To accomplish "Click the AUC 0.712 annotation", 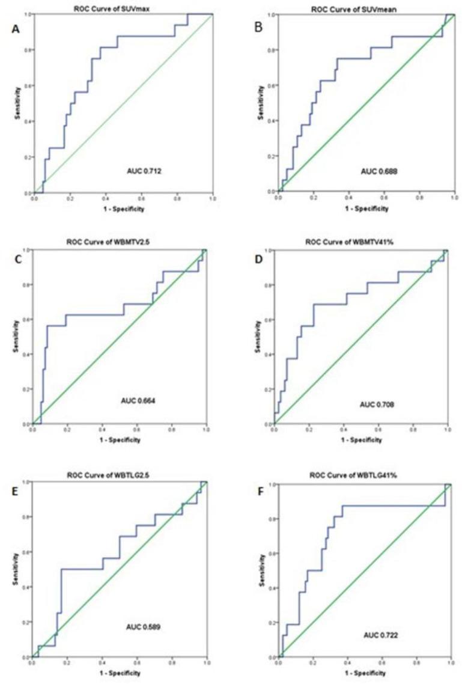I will (141, 171).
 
